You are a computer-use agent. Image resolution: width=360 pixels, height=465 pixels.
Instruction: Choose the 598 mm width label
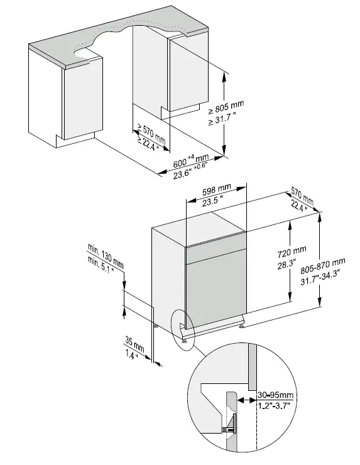point(217,191)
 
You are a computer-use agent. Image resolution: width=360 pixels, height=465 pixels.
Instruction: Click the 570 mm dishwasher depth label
point(303,195)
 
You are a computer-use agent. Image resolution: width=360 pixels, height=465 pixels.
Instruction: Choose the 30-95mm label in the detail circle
point(275,396)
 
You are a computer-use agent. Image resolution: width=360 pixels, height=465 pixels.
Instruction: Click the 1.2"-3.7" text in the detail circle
point(275,407)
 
